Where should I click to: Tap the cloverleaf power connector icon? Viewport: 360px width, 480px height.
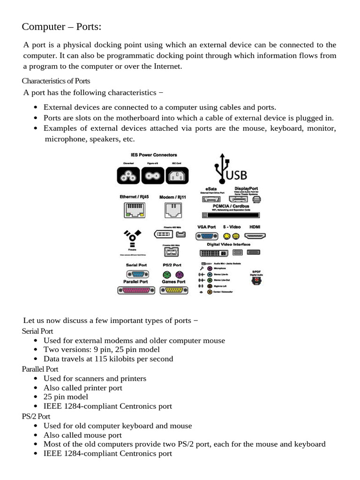point(127,176)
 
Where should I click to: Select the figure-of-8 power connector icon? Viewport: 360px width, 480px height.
point(152,176)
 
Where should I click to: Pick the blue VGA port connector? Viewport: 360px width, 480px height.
point(206,237)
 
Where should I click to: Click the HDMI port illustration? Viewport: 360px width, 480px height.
point(255,237)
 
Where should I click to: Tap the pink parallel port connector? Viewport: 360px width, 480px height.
point(135,291)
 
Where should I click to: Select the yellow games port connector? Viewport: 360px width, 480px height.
point(173,291)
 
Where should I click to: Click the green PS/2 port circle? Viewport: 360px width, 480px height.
point(166,275)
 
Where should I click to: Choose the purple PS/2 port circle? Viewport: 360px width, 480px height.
point(179,275)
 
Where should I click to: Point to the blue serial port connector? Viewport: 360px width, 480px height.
point(135,275)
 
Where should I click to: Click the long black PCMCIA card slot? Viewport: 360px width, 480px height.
point(230,215)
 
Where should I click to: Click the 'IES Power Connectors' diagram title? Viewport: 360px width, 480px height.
point(147,155)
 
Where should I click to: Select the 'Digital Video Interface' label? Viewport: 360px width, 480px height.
point(228,245)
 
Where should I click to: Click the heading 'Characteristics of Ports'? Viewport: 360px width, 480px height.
point(56,81)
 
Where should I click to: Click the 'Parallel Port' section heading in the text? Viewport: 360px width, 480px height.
point(40,369)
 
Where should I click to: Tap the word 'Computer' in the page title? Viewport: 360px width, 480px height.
point(42,27)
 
